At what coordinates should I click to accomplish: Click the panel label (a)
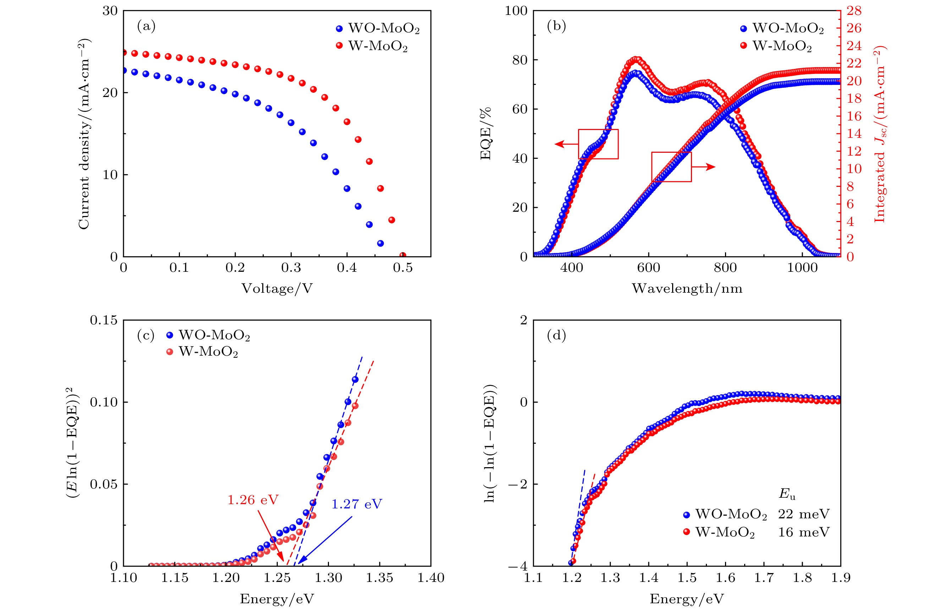tap(146, 26)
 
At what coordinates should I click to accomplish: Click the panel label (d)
tap(556, 335)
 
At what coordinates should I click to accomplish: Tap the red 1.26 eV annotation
tap(253, 500)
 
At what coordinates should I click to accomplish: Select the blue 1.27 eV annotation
tap(357, 504)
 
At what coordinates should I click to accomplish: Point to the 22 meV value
tap(803, 514)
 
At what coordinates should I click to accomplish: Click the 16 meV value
tap(803, 532)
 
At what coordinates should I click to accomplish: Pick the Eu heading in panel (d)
tap(787, 493)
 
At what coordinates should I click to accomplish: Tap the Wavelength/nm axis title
tap(687, 288)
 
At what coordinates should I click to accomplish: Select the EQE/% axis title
tap(485, 134)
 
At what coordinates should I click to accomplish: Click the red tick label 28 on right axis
tap(854, 11)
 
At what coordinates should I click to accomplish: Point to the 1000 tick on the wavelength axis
tap(802, 268)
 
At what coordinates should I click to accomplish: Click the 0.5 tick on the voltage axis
tap(402, 268)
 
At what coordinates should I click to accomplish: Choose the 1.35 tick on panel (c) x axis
tap(379, 578)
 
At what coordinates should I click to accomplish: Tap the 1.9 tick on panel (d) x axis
tap(840, 578)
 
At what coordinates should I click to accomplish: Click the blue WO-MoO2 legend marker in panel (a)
tap(339, 28)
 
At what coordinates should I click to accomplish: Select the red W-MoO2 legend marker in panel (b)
tap(743, 45)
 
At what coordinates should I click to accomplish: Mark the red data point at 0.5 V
tap(403, 255)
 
